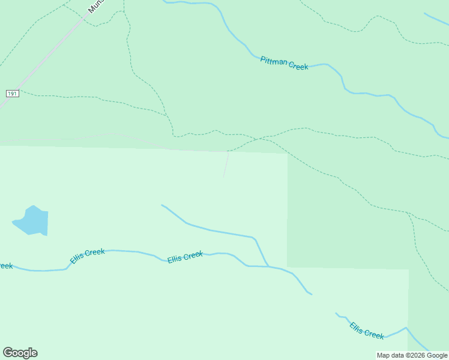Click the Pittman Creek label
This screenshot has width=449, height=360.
point(284,63)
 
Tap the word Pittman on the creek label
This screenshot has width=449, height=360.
point(274,61)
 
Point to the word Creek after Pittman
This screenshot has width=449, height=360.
point(298,65)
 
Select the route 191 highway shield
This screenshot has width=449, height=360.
point(13,94)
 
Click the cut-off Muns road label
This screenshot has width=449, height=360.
point(95,6)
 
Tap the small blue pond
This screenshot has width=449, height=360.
point(32,221)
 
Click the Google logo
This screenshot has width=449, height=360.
point(20,353)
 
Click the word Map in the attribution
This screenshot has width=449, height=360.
point(384,355)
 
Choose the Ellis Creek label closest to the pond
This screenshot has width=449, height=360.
point(87,256)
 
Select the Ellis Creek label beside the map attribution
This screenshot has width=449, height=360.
point(367,331)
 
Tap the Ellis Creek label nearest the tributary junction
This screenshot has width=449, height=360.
point(185,257)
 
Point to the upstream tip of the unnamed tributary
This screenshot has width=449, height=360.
point(162,205)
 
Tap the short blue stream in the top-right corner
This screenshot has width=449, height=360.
point(436,19)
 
